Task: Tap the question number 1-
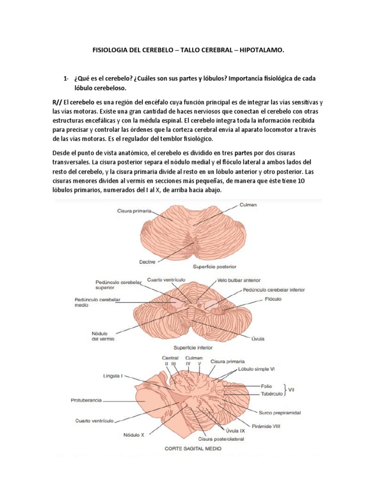66,79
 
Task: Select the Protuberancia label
82,400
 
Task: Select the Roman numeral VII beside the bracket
291,389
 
